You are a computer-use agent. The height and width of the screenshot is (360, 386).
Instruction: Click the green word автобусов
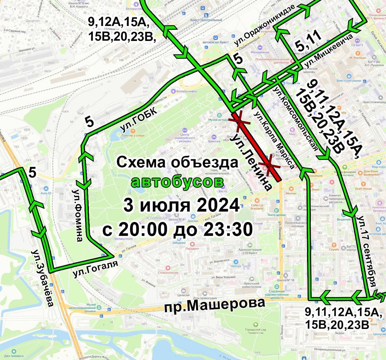click(177, 182)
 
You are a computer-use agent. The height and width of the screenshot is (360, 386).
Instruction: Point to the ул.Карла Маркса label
click(274, 140)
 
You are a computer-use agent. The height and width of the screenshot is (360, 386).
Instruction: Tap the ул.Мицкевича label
click(329, 51)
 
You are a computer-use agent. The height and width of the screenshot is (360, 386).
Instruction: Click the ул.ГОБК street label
click(139, 120)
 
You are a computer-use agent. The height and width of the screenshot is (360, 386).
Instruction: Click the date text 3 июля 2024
click(181, 206)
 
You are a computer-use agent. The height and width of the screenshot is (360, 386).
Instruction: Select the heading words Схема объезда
click(177, 163)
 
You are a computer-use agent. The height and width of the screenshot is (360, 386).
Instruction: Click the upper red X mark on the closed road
click(239, 121)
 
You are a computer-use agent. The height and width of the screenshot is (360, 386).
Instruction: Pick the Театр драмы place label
click(277, 215)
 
